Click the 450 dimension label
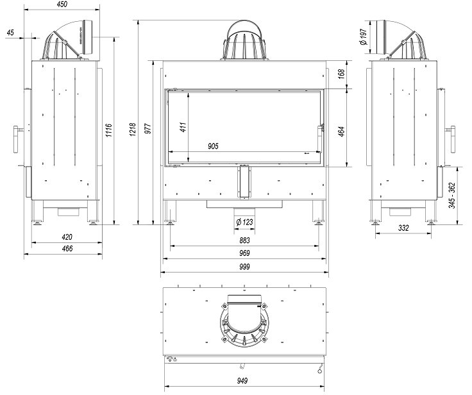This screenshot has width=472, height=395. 62,4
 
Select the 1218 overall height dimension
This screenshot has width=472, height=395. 133,129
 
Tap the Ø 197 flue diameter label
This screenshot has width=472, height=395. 364,37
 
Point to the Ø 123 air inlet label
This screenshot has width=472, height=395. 244,223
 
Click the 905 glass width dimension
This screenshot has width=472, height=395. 213,146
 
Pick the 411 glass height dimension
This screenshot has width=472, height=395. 183,127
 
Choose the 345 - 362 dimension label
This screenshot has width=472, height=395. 452,196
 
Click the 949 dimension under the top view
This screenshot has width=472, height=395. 242,381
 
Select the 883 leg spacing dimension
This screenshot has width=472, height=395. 244,240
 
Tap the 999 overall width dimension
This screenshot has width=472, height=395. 244,267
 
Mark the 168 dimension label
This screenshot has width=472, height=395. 341,74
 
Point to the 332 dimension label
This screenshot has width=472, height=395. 403,228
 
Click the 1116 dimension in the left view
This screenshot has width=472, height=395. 108,130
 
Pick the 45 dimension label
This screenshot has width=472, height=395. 10,33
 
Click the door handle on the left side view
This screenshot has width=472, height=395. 16,139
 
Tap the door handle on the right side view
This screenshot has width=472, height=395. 452,139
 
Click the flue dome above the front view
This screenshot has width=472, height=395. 244,40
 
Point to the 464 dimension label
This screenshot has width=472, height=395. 341,131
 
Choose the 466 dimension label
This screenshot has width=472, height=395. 67,249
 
